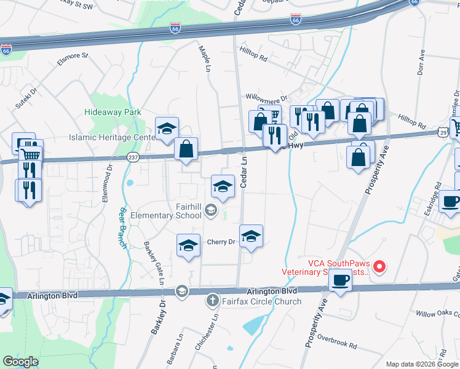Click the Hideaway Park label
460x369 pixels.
(x=113, y=112)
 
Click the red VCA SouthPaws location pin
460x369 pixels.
(x=379, y=266)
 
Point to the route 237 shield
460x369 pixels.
(x=133, y=157)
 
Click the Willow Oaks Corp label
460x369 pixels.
(x=437, y=314)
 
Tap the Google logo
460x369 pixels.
(x=20, y=362)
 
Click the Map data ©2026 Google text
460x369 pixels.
(x=422, y=364)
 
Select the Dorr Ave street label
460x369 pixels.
(x=422, y=62)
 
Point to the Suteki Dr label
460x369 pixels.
(x=27, y=96)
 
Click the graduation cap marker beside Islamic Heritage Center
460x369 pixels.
(x=167, y=128)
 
